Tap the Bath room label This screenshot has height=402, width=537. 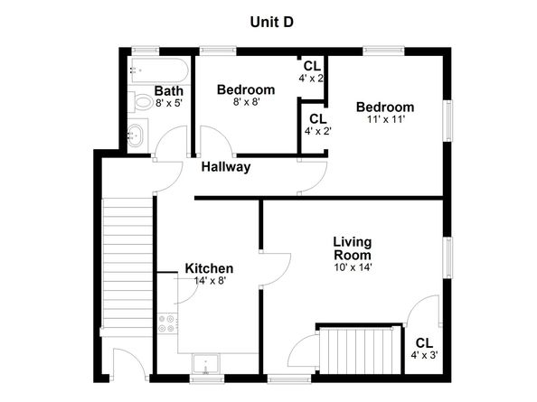tap(168, 90)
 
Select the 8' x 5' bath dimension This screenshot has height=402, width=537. tap(168, 103)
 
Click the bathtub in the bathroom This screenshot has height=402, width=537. tap(158, 70)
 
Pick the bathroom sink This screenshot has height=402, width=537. tap(138, 136)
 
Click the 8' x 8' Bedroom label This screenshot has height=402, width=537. tap(246, 90)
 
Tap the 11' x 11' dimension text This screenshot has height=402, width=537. tap(385, 119)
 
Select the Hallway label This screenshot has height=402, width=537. tap(226, 167)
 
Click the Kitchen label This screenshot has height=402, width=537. tap(209, 268)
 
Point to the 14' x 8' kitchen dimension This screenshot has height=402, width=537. tap(209, 281)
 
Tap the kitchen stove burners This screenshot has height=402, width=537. tap(166, 323)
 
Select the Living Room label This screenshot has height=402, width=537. tap(353, 248)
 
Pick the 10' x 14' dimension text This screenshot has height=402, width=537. tap(353, 266)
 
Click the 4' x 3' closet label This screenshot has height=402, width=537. tap(424, 350)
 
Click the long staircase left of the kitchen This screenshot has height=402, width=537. tap(127, 266)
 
